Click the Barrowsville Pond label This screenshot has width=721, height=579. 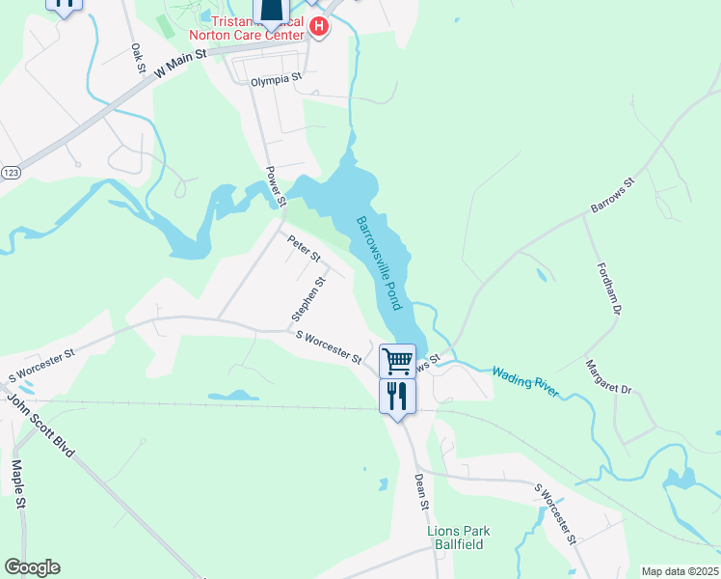380,262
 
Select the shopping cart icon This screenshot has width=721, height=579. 397,362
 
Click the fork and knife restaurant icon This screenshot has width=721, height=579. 397,396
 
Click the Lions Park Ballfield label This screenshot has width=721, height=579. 460,538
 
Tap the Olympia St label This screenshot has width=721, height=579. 277,80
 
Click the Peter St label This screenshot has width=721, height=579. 305,249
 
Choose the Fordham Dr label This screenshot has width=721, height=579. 611,289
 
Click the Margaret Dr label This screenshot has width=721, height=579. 608,376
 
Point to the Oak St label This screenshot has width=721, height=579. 138,59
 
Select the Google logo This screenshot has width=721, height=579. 32,567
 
